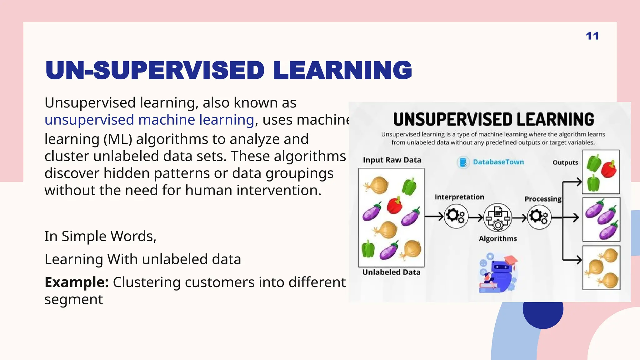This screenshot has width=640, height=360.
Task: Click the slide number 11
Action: click(x=592, y=36)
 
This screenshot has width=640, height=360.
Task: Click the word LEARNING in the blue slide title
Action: click(x=342, y=70)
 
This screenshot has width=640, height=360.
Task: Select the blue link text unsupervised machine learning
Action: click(x=149, y=120)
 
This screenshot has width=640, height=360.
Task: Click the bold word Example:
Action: click(x=77, y=282)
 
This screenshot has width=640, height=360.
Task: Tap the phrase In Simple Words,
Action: click(x=100, y=236)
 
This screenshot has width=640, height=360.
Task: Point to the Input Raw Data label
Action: click(x=392, y=160)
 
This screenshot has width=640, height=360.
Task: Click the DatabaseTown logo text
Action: click(x=498, y=162)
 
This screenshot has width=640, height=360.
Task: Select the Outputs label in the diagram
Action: click(x=565, y=162)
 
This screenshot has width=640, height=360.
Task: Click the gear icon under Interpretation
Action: click(x=456, y=216)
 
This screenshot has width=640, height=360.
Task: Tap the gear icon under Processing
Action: click(x=539, y=217)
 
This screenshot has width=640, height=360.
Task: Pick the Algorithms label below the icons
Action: click(x=498, y=238)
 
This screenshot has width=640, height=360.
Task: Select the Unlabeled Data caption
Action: click(x=391, y=272)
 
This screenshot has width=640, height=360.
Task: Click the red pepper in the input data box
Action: click(x=394, y=205)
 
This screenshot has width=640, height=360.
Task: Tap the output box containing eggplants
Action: click(x=601, y=219)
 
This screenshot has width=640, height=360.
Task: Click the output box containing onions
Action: click(x=601, y=268)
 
